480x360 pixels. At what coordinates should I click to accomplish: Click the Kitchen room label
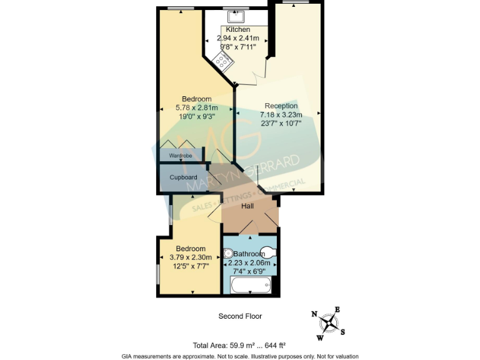coord(237,29)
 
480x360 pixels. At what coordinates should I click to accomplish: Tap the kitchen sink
coord(237,19)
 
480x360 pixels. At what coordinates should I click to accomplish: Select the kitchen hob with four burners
coord(223,61)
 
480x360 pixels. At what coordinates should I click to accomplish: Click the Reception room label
coord(281,106)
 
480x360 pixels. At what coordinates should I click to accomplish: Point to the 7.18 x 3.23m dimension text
coord(281,114)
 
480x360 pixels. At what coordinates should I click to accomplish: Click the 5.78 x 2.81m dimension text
coord(196,107)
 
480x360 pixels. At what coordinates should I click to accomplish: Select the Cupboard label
coord(183,177)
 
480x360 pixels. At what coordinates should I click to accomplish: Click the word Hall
coord(247,206)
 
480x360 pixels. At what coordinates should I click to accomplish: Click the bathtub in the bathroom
coord(251,286)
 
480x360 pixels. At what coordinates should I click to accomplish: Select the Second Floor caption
coord(240,316)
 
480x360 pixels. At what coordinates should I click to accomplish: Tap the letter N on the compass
coord(314,314)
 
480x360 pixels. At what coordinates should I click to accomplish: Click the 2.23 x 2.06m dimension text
coord(252,263)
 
